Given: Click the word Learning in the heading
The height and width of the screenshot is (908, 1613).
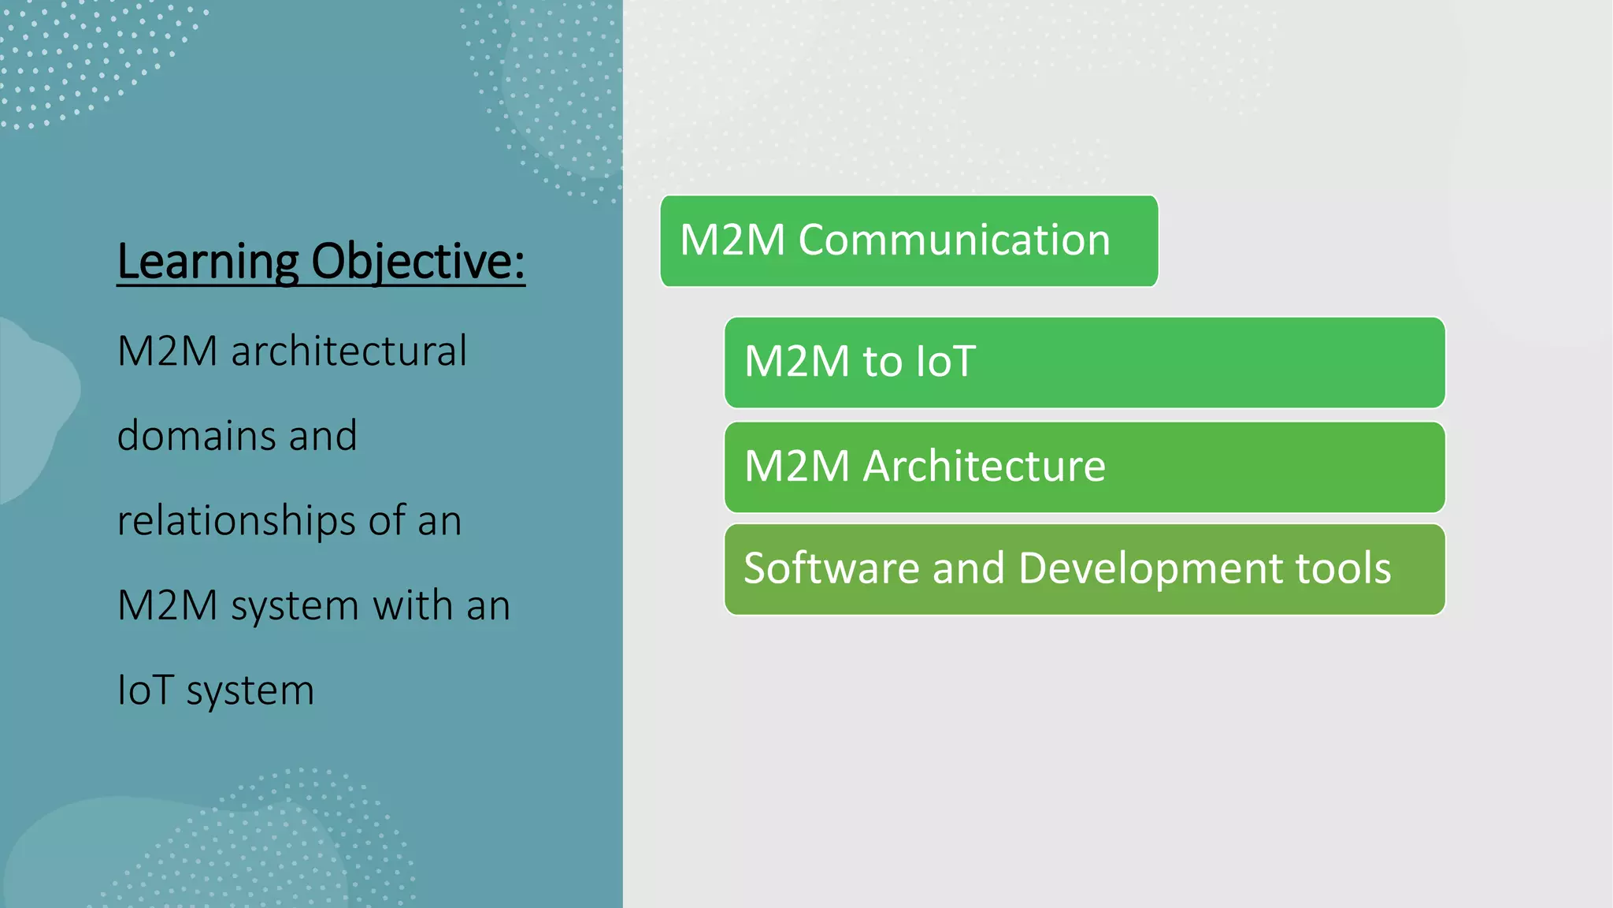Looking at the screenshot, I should pos(208,262).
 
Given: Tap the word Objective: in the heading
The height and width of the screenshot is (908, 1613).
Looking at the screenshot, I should pos(418,262).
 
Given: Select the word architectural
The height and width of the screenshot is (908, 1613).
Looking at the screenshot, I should pos(349,352).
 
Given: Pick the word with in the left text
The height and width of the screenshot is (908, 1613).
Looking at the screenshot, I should pos(413,605).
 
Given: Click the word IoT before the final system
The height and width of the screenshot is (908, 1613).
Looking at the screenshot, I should pos(146,690).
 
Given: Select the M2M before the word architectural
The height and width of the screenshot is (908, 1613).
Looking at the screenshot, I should pos(167,352).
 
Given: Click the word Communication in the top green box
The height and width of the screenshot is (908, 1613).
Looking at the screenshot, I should pos(954,240).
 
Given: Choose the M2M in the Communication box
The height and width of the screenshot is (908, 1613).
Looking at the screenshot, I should pos(732,240).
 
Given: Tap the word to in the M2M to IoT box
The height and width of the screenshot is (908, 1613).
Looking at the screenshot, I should pos(882,362).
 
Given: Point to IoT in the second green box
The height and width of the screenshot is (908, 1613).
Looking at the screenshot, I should pos(946,362).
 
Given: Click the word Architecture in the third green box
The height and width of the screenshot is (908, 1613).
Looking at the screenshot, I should pos(984,467).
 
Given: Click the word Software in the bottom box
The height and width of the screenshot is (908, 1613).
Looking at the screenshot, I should pos(831,568).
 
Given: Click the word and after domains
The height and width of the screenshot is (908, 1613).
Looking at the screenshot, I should pos(323,436).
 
